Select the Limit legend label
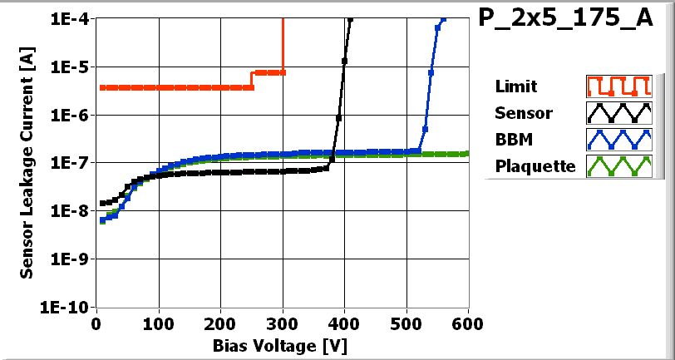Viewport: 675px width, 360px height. [515, 86]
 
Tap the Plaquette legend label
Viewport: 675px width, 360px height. [535, 165]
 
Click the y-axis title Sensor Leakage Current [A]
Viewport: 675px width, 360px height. [27, 163]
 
